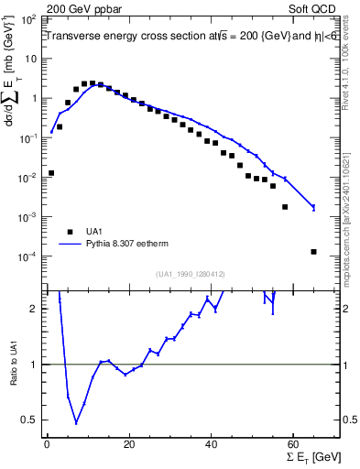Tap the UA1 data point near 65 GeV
[313, 252]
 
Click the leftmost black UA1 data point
[51, 172]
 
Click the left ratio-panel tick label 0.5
[31, 420]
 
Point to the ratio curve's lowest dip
[76, 422]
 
